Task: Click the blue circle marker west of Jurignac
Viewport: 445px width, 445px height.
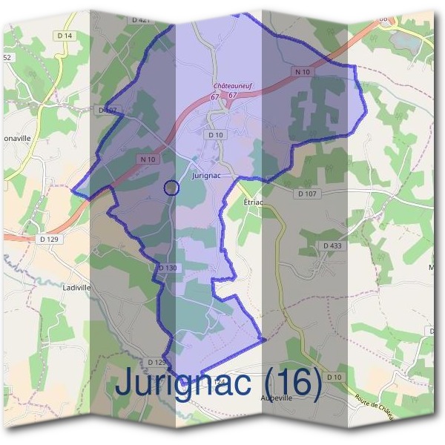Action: point(171,188)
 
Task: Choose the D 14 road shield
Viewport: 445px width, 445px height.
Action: point(65,36)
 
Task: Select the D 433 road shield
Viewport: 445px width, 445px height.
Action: point(332,245)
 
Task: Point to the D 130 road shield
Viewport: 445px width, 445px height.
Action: point(168,267)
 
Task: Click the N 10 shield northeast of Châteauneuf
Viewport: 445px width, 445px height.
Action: point(302,72)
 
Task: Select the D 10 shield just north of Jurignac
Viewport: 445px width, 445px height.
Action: point(216,135)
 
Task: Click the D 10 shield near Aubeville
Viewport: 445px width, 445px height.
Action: point(335,378)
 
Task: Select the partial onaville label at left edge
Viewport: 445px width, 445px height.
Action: point(15,138)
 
